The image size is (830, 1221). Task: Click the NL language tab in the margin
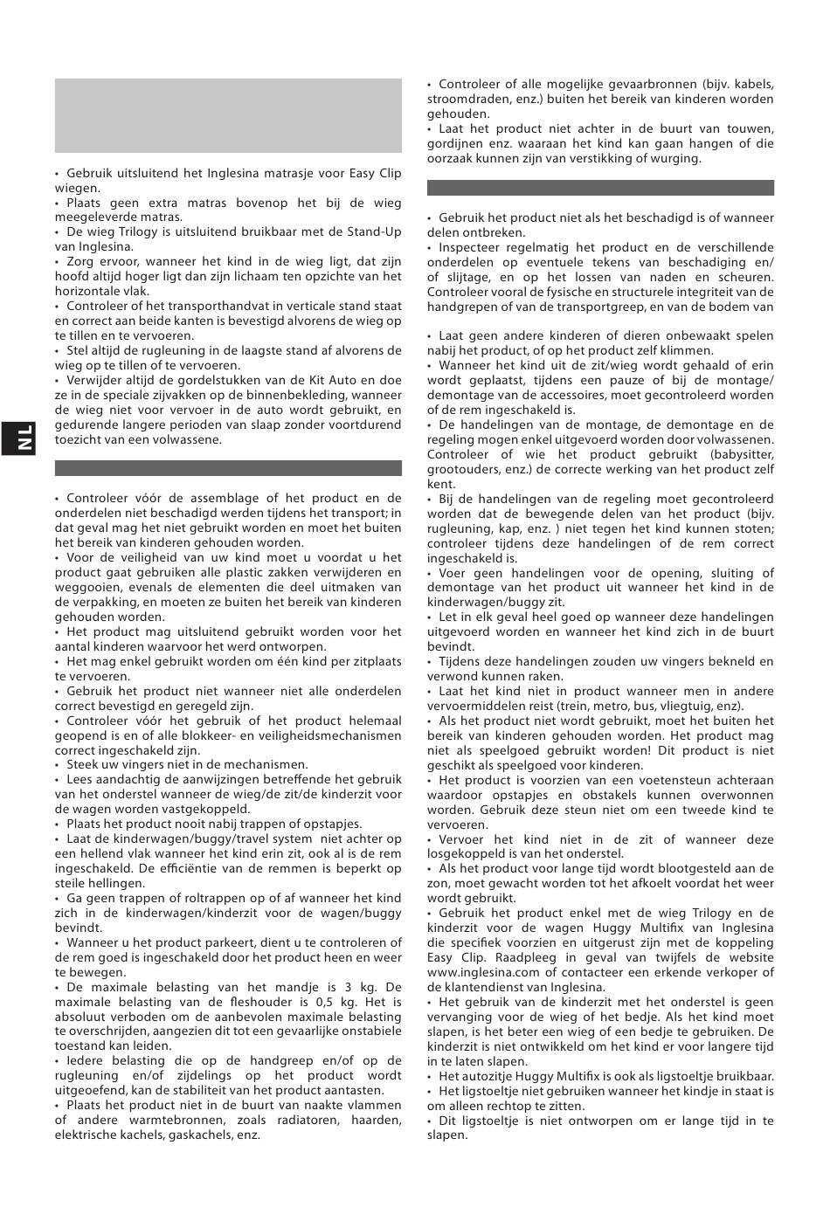[x=25, y=438]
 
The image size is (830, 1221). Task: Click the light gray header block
[x=228, y=115]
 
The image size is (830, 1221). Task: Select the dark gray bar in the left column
[x=228, y=468]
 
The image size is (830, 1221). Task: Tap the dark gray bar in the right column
[x=600, y=188]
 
